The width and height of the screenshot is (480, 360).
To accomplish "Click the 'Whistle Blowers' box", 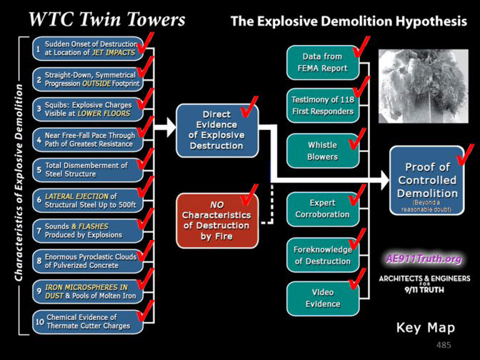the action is (x=323, y=151).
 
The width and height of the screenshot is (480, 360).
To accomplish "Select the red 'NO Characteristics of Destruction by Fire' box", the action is (x=217, y=221).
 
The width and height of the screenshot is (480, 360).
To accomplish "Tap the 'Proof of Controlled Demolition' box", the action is (x=426, y=181).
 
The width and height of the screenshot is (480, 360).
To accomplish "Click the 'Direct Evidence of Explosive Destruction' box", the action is (x=217, y=131).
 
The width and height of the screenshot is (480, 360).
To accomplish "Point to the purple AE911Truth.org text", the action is (x=424, y=259).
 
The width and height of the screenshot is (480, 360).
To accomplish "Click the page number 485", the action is (x=444, y=345).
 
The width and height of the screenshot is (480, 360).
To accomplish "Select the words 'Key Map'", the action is (x=426, y=328).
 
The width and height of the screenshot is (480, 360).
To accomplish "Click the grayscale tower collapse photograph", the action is (x=424, y=86).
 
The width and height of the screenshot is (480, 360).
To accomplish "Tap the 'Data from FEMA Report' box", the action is (x=323, y=63).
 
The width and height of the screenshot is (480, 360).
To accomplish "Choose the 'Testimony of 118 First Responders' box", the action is (x=323, y=106).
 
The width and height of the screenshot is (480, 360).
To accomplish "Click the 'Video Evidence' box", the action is (x=323, y=299).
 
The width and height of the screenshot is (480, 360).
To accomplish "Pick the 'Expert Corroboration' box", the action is (x=323, y=209).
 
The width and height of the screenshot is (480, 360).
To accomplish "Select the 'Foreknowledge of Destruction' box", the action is (x=323, y=255).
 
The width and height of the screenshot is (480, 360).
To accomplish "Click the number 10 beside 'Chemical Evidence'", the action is (x=40, y=322).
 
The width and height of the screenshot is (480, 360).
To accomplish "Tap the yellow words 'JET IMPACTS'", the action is (x=114, y=53).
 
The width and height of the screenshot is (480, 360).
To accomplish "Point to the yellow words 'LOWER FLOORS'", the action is (x=104, y=114).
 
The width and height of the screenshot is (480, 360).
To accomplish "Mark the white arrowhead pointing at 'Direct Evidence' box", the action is (x=171, y=127).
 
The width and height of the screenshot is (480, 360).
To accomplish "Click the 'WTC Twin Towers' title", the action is (x=107, y=19).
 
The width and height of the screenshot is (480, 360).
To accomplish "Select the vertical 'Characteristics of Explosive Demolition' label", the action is (x=19, y=182).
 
